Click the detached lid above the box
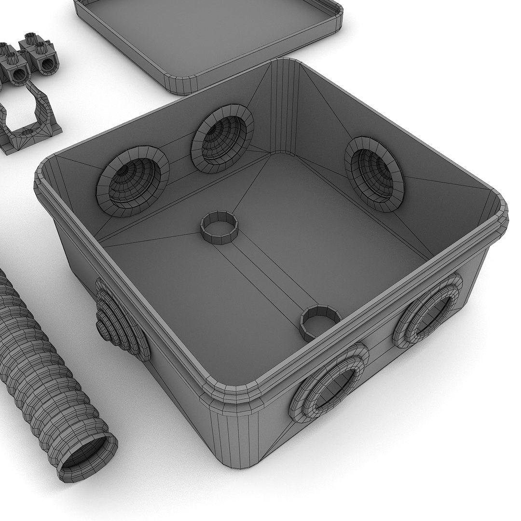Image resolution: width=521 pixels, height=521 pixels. [207, 34]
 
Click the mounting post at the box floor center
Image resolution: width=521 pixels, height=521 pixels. [219, 227]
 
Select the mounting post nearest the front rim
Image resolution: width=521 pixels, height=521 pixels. [319, 322]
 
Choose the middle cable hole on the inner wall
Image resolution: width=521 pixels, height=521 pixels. [222, 137]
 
